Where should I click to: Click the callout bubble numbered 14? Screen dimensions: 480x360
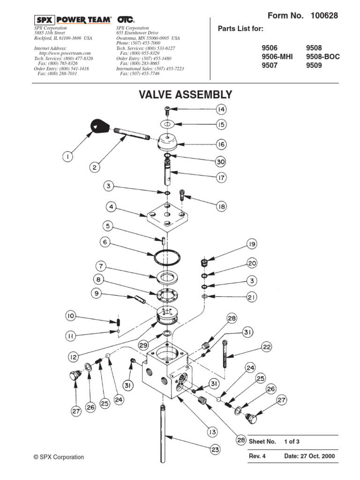pyautogui.click(x=221, y=109)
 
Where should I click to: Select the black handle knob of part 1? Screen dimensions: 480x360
pyautogui.click(x=98, y=125)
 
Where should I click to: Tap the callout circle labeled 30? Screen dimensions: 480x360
pyautogui.click(x=221, y=162)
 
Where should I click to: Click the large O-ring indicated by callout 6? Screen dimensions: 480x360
pyautogui.click(x=166, y=258)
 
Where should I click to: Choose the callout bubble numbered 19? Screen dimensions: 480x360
pyautogui.click(x=252, y=244)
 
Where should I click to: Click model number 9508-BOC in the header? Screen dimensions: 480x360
pyautogui.click(x=322, y=57)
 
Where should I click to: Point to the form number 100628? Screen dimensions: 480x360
pyautogui.click(x=323, y=16)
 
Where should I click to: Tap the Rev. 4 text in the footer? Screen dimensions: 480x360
pyautogui.click(x=257, y=456)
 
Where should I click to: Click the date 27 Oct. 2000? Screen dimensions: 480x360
pyautogui.click(x=309, y=456)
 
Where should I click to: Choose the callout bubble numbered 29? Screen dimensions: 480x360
pyautogui.click(x=143, y=345)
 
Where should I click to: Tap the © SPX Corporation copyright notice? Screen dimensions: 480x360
pyautogui.click(x=59, y=457)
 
